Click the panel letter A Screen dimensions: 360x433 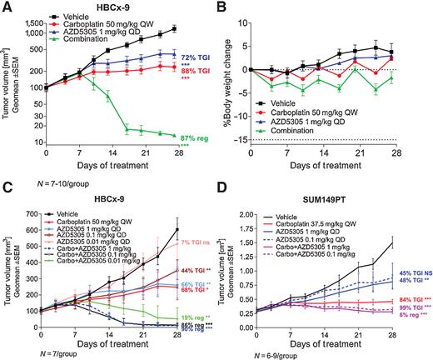click(6, 7)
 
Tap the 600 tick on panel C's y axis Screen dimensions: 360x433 click(35, 206)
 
